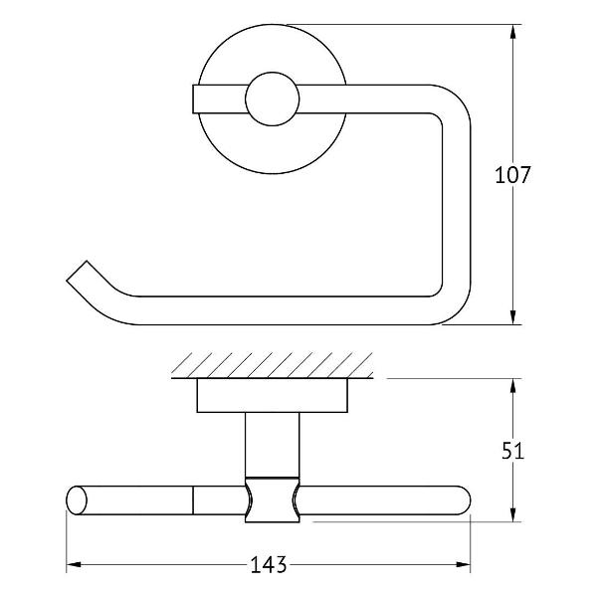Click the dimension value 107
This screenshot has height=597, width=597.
(x=512, y=175)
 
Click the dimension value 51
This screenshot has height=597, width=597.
(x=512, y=451)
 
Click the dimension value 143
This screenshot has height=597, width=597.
(x=268, y=564)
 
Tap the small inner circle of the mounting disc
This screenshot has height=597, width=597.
(x=273, y=99)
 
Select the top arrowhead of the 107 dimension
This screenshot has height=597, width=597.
(x=512, y=32)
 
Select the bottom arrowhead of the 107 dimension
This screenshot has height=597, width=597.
(x=512, y=317)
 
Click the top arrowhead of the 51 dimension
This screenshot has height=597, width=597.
(x=512, y=386)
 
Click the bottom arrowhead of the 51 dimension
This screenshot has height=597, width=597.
(x=512, y=514)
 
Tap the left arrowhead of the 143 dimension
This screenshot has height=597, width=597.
(x=74, y=564)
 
